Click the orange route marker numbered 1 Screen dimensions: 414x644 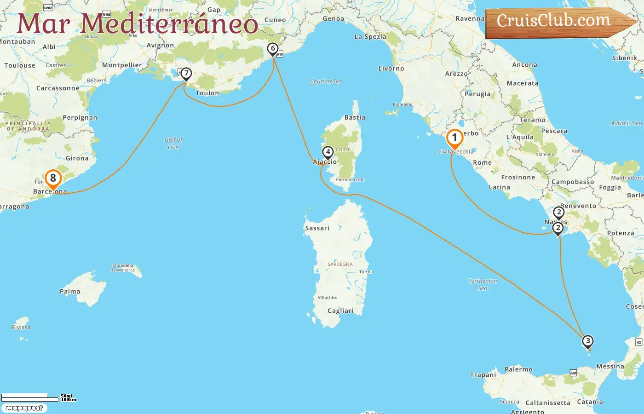[x=454, y=138]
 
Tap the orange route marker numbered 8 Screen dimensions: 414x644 [x=53, y=178]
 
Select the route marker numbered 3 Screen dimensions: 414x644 [x=587, y=341]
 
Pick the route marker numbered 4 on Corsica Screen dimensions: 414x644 [x=328, y=152]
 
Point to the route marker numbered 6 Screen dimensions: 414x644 [x=273, y=49]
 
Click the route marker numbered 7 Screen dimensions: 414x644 [x=186, y=74]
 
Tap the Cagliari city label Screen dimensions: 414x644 [x=340, y=311]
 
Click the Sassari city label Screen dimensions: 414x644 [x=317, y=228]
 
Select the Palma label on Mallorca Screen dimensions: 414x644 [x=70, y=292]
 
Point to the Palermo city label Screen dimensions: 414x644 [x=518, y=369]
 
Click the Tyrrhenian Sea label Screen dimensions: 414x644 [x=483, y=284]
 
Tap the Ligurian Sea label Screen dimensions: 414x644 [x=325, y=81]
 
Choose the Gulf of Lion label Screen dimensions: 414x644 [x=173, y=143]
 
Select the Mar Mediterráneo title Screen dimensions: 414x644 [x=137, y=24]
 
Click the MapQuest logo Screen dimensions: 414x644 [x=24, y=408]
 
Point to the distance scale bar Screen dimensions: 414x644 [x=30, y=397]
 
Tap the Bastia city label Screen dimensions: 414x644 [x=355, y=118]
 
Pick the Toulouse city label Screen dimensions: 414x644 [x=20, y=66]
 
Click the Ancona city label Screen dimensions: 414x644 [x=524, y=65]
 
